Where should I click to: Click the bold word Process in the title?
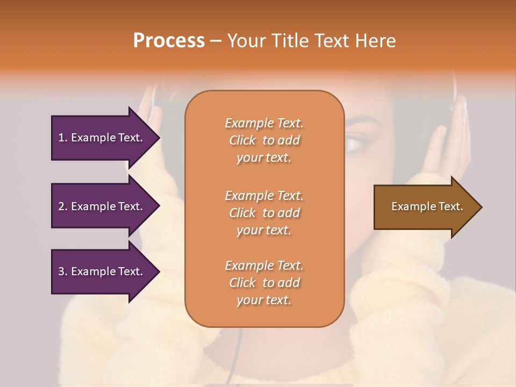[169, 41]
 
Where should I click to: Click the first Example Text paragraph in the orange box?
[264, 140]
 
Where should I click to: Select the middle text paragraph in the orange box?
[264, 213]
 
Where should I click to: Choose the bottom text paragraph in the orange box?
[264, 283]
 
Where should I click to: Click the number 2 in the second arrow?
[61, 206]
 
